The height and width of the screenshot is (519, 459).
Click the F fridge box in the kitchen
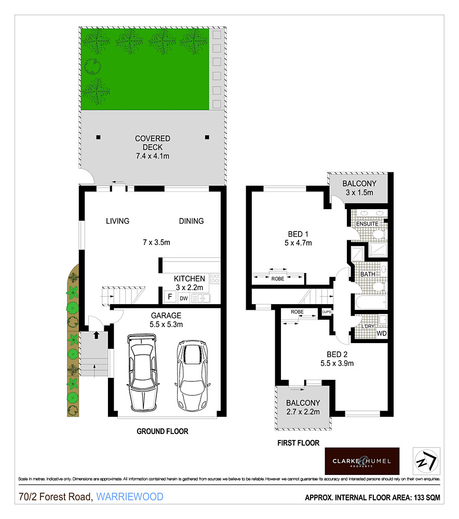coord(169,297)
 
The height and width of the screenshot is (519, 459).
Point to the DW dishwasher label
coord(183,298)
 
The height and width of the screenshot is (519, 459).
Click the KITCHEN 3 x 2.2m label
coord(189,283)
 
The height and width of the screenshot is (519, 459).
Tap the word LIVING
coord(117,221)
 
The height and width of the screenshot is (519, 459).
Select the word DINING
coord(191,221)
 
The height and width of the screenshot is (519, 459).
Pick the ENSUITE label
coord(367,224)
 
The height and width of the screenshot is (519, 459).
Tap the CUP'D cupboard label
coord(327,312)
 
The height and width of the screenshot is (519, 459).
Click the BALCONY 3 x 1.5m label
coord(359,188)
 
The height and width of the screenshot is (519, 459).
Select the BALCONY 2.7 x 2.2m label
coord(303,407)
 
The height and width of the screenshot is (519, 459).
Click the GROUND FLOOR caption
coord(162,431)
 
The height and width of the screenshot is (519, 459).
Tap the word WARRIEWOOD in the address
coord(130,497)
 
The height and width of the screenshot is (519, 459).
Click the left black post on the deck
coord(98,138)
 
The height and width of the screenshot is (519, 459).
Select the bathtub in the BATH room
coord(370,302)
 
